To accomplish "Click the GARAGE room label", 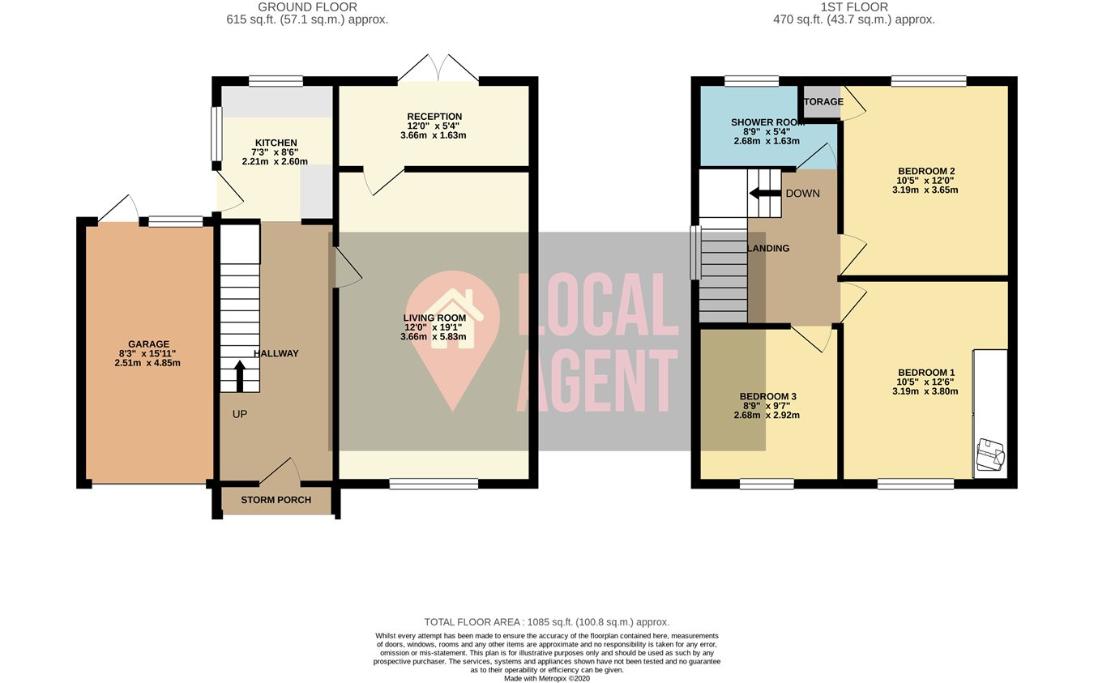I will (148, 344).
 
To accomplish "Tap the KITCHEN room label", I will (276, 143).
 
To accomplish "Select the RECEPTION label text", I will (434, 117).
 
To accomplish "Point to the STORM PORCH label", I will (276, 500).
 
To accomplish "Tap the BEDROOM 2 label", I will (925, 171).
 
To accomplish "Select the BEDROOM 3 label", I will (767, 396).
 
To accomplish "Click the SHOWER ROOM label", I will (767, 122).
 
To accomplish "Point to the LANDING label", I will (767, 249).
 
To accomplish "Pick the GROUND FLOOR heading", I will (307, 7).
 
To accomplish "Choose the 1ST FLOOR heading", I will (854, 7).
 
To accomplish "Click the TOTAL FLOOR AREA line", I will (547, 621).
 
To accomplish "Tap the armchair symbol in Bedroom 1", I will (990, 455).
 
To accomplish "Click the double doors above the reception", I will (438, 69).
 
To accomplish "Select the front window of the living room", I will (434, 485).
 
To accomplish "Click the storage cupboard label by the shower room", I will (823, 102).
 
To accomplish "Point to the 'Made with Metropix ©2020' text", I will (547, 678).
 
